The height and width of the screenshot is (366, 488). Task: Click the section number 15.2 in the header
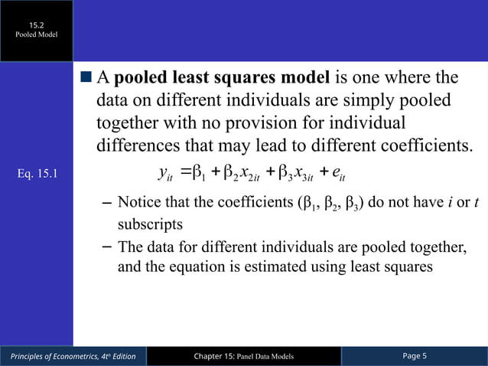[37, 25]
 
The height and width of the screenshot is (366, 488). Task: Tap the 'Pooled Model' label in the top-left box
[37, 35]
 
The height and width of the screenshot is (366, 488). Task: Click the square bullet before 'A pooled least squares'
[86, 79]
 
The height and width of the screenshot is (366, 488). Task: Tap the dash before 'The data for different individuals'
[108, 246]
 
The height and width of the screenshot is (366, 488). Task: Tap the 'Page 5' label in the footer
[415, 356]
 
